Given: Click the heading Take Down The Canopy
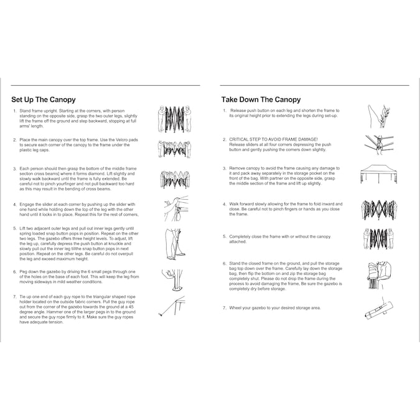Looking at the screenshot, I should (261, 99).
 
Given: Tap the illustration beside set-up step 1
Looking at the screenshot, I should (173, 118).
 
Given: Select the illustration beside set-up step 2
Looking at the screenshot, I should (173, 149).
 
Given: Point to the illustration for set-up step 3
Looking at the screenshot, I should (173, 179).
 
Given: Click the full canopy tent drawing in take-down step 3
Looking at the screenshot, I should (378, 174).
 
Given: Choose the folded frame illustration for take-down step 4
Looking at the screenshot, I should (378, 210).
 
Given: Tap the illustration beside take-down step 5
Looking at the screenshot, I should (378, 240).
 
